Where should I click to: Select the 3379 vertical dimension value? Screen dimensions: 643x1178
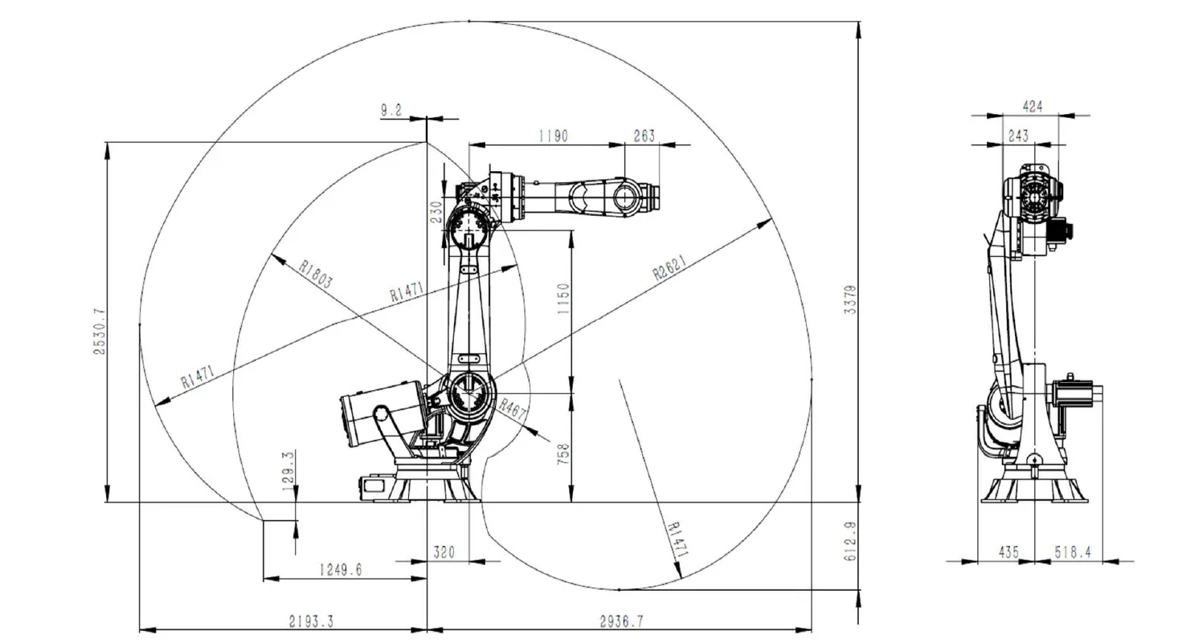pyautogui.click(x=851, y=299)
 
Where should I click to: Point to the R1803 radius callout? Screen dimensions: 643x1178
pyautogui.click(x=315, y=274)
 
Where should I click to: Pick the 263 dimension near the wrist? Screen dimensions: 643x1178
pyautogui.click(x=644, y=136)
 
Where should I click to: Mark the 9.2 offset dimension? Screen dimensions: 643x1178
pyautogui.click(x=391, y=111)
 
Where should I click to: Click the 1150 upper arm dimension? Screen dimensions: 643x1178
pyautogui.click(x=562, y=299)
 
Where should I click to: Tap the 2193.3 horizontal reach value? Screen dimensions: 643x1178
pyautogui.click(x=311, y=621)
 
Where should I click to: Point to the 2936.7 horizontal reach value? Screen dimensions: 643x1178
pyautogui.click(x=622, y=621)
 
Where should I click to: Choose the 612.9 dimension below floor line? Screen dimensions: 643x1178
pyautogui.click(x=851, y=543)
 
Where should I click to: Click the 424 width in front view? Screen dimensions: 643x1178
pyautogui.click(x=1032, y=106)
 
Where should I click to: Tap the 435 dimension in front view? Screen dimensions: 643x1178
pyautogui.click(x=1008, y=552)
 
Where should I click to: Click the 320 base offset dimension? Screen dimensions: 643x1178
pyautogui.click(x=444, y=552)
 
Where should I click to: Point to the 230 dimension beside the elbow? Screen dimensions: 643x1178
pyautogui.click(x=436, y=211)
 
